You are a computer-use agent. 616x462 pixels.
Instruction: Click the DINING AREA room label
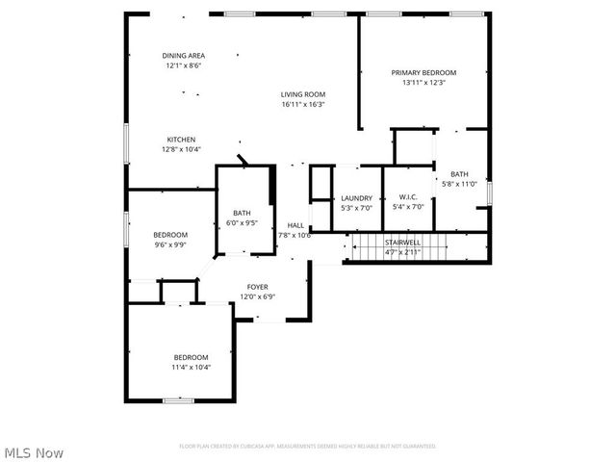coord(182,56)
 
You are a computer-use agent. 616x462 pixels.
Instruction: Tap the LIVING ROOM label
coord(303,94)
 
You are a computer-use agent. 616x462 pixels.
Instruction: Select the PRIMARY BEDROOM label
coord(423,72)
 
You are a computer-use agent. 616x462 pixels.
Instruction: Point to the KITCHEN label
coord(181,139)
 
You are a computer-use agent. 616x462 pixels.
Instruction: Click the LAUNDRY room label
coord(356,198)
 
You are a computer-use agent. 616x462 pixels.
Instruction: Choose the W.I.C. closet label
coord(408,198)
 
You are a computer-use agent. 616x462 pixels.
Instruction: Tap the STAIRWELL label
coord(402,242)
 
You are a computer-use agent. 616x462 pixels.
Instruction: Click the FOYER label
coord(257,287)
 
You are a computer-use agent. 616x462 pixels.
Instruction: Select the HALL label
coord(295,225)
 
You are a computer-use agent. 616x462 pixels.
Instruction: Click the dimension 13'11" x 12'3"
coord(423,83)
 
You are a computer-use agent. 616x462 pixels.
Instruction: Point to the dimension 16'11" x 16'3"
coord(303,104)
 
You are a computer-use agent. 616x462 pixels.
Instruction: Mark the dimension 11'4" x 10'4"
coord(191,367)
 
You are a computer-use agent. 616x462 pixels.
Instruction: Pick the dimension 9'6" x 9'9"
coord(170,244)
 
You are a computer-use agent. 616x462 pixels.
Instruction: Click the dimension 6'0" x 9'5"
coord(242,222)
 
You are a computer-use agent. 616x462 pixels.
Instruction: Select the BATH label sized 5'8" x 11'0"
coord(459,174)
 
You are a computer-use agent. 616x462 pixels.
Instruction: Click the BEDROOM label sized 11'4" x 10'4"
coord(191,357)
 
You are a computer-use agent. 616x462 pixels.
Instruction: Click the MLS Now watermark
coord(34,451)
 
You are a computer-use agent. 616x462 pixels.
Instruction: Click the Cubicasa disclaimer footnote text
coord(308,446)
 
